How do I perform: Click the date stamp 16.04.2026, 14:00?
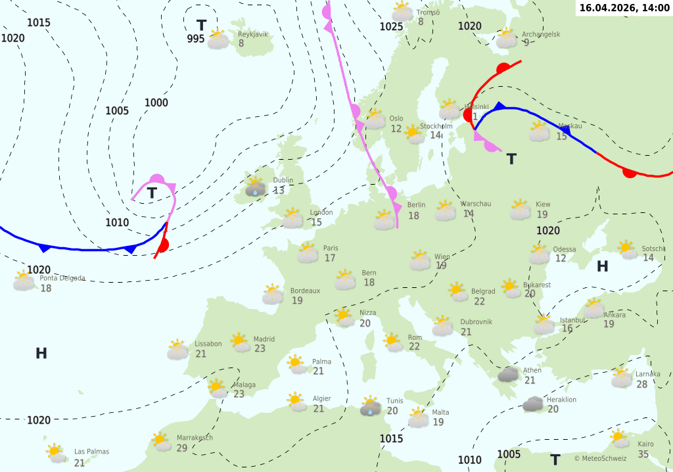(x=624, y=8)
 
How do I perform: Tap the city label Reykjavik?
(x=253, y=34)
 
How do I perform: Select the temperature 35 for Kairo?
(x=643, y=454)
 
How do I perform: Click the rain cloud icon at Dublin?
(x=255, y=188)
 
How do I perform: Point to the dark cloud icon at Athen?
(x=508, y=375)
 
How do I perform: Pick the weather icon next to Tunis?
(x=371, y=408)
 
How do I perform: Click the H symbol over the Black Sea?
(x=602, y=266)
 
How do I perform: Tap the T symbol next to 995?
(x=201, y=26)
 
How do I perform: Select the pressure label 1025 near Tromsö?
(x=391, y=26)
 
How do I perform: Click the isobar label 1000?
(x=156, y=103)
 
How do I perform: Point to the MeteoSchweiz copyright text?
(x=600, y=458)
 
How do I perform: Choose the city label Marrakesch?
(x=195, y=438)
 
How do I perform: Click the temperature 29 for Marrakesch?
(x=182, y=448)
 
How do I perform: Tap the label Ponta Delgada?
(x=62, y=278)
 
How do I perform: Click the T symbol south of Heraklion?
(x=555, y=460)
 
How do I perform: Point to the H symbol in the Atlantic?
(x=41, y=354)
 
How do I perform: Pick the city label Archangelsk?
(x=541, y=34)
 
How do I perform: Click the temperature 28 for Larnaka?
(x=642, y=385)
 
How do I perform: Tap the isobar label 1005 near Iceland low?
(x=117, y=110)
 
